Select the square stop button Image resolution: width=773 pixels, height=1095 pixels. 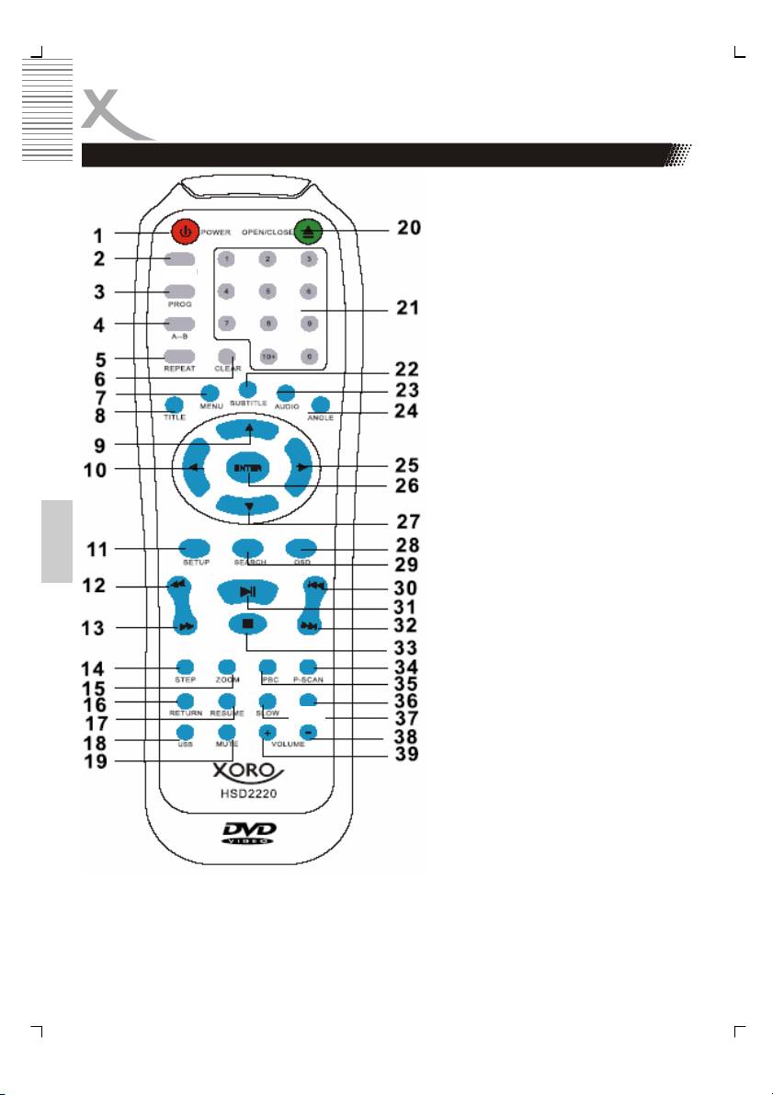(x=248, y=622)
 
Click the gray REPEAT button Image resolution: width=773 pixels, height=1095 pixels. (x=181, y=356)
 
